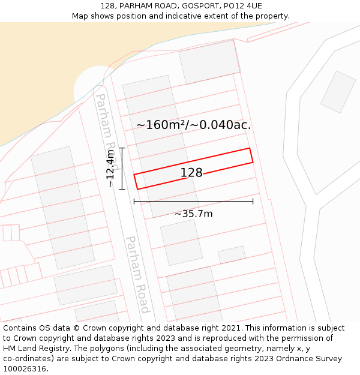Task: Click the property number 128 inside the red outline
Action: (191, 173)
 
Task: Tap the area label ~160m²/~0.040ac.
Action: (193, 125)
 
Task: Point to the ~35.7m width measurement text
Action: (193, 214)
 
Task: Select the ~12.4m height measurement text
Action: (110, 168)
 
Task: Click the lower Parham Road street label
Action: (137, 274)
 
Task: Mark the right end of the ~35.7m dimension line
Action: (253, 201)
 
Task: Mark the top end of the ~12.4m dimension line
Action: (122, 148)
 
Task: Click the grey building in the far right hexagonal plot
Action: (338, 92)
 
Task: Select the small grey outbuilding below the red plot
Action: (232, 255)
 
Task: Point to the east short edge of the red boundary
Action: (251, 155)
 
